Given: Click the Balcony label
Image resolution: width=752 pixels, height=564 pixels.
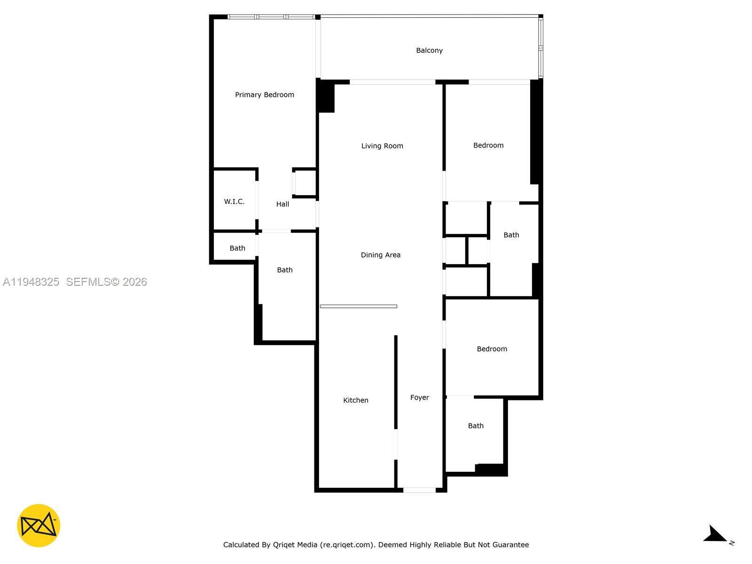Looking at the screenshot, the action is point(429,50).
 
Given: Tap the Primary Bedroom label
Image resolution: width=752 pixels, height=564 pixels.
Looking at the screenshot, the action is point(264,95).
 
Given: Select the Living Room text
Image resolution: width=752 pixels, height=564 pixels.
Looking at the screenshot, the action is point(382,146).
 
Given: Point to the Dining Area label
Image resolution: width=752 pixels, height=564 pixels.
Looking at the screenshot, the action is point(380,255).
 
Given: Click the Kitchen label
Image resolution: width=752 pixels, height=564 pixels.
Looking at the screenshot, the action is point(356,400).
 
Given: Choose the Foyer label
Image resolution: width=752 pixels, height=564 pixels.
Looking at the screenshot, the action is point(419,397).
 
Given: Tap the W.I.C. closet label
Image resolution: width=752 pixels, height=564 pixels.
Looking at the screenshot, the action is point(235,201).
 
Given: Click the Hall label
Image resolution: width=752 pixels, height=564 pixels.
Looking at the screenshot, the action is point(282,204).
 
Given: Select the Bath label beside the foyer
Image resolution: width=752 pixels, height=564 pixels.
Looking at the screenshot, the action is point(476,426).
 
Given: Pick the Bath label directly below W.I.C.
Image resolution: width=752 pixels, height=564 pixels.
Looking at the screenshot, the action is point(237,248).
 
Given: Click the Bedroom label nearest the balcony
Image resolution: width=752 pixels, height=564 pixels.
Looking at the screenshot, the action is point(488,145).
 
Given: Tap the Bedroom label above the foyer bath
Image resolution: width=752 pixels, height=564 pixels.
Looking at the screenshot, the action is point(492,349).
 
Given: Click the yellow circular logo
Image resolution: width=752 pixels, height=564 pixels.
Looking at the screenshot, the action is point(39,525).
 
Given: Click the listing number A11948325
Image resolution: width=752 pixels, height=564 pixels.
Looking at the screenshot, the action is point(31,282).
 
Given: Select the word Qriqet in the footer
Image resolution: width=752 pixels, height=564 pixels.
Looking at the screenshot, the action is point(283,544).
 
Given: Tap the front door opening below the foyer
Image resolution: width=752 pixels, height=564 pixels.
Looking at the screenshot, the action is point(419,490).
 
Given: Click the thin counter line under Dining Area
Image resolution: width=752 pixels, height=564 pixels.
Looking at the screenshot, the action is point(358,306).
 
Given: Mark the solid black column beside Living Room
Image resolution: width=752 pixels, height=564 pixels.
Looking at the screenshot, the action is point(325,96).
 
